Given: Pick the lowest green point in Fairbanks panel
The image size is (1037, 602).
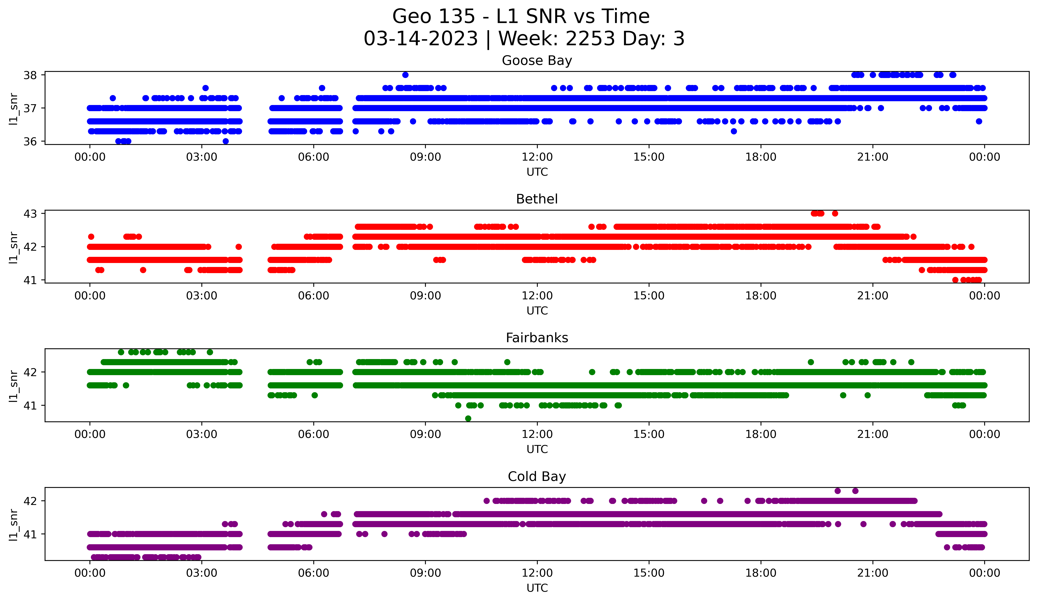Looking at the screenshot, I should point(468,418).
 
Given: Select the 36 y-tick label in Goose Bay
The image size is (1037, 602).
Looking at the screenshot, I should point(30,142).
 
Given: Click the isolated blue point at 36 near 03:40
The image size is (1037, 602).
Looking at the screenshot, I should point(225,141).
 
